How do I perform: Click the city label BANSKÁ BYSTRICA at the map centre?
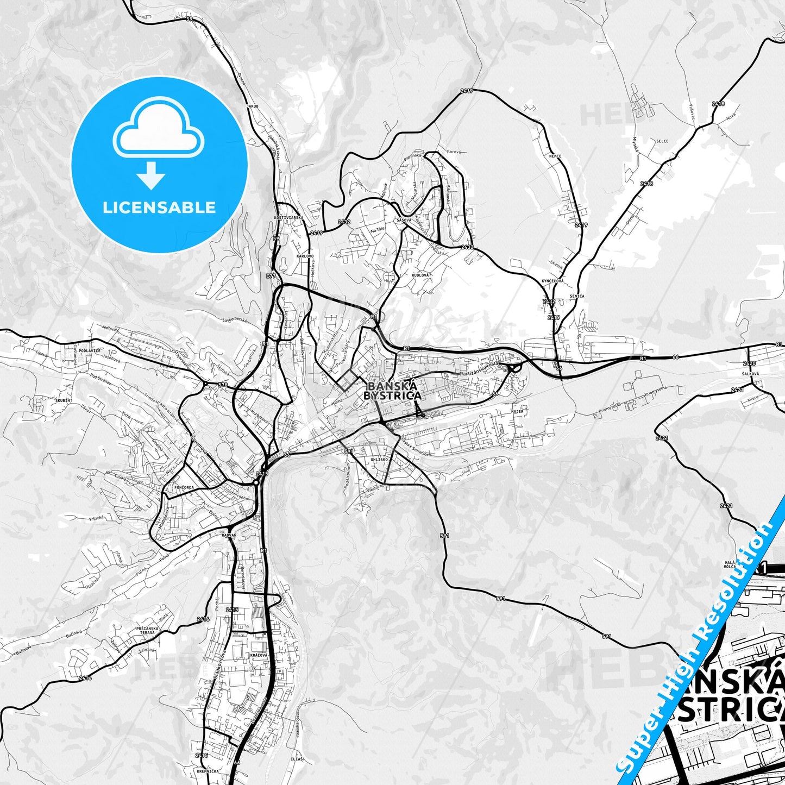392,390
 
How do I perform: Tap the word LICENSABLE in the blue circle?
159,208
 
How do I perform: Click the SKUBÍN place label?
62,400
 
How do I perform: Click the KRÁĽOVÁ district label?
259,656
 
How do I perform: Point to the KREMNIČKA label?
209,770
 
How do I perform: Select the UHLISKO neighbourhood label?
380,460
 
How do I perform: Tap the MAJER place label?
517,412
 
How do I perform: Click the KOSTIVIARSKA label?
288,217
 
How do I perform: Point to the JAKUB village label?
251,106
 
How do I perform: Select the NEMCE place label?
555,156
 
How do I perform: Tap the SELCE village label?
662,141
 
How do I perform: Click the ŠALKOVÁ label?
752,374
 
